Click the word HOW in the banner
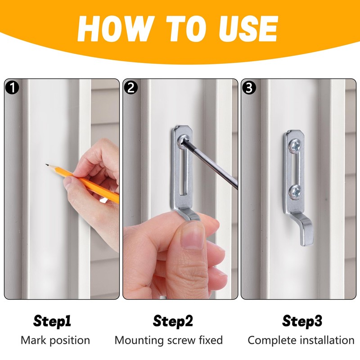click(113, 29)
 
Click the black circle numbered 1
click(12, 87)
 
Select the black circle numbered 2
click(131, 87)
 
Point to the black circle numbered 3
click(249, 87)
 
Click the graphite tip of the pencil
click(47, 165)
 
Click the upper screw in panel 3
click(295, 145)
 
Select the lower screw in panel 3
click(295, 191)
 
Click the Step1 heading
click(52, 321)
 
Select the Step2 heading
click(173, 321)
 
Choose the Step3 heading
click(302, 321)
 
